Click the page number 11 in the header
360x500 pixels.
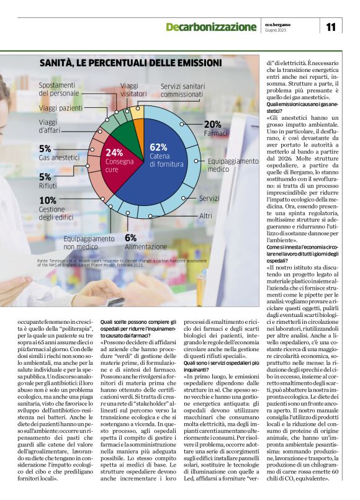[x=330, y=27]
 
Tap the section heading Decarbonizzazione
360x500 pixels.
[x=210, y=27]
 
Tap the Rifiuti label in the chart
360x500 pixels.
[x=48, y=185]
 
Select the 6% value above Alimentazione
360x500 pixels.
[x=130, y=238]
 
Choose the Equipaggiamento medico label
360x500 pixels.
[x=233, y=164]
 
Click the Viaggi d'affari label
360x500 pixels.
[x=52, y=126]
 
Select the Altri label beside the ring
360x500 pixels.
[x=205, y=215]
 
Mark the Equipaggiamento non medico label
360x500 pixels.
[x=89, y=243]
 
